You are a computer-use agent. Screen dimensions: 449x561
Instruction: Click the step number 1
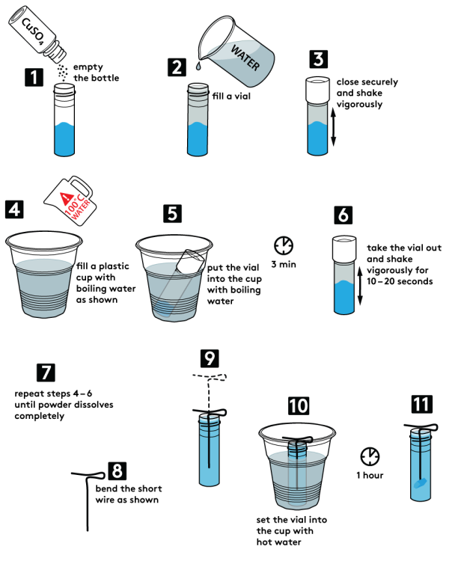[x=32, y=77]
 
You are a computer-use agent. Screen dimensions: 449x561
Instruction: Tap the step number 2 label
[x=177, y=67]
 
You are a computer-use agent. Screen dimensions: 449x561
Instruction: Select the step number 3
[x=319, y=59]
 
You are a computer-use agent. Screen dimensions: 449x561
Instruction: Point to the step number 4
[x=14, y=209]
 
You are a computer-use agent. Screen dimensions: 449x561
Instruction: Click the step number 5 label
[x=172, y=214]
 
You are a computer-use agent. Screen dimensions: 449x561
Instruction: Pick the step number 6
[x=343, y=215]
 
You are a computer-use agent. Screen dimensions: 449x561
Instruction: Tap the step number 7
[x=46, y=372]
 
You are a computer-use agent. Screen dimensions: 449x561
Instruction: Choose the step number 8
[x=117, y=471]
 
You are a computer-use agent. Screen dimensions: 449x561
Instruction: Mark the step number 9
[x=210, y=358]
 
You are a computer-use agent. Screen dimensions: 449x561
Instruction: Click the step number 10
[x=299, y=406]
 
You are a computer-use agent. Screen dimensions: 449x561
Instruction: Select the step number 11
[x=421, y=405]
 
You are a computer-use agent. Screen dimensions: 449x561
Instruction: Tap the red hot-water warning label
[x=76, y=203]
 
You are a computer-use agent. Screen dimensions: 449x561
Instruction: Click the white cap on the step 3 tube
[x=320, y=90]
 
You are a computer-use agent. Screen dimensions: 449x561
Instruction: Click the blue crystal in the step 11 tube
[x=421, y=485]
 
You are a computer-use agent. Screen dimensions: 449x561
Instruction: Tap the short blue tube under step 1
[x=65, y=138]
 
